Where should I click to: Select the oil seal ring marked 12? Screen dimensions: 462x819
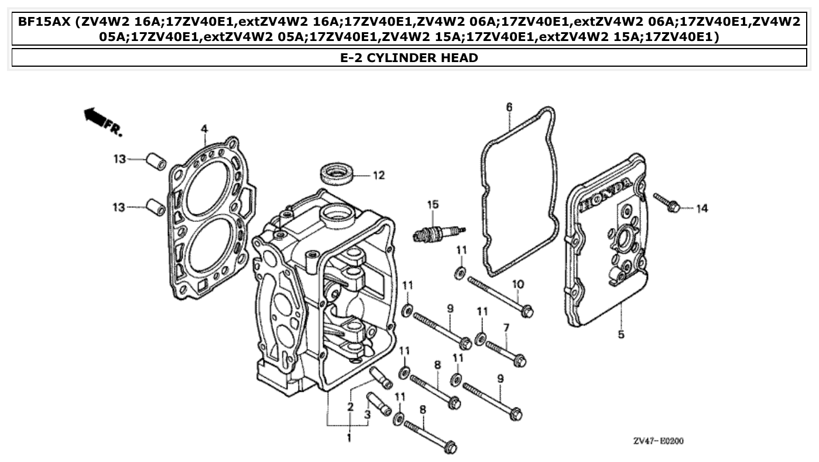pyautogui.click(x=338, y=174)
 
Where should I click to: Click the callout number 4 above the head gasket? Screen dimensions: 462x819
pyautogui.click(x=204, y=128)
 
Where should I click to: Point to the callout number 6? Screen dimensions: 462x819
pyautogui.click(x=509, y=107)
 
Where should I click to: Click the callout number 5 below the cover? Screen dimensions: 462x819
pyautogui.click(x=621, y=334)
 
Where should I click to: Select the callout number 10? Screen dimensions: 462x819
pyautogui.click(x=518, y=285)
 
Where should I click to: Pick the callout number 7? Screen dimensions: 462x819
pyautogui.click(x=506, y=327)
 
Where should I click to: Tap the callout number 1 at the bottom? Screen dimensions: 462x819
pyautogui.click(x=349, y=437)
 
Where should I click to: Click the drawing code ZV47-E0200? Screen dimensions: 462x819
pyautogui.click(x=658, y=441)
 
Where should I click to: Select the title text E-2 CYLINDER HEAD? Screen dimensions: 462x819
pyautogui.click(x=409, y=57)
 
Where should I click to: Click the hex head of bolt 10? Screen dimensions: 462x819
pyautogui.click(x=527, y=312)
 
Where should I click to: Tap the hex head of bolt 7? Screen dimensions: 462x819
pyautogui.click(x=519, y=361)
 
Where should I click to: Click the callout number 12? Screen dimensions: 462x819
pyautogui.click(x=379, y=175)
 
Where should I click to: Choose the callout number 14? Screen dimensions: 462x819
pyautogui.click(x=702, y=208)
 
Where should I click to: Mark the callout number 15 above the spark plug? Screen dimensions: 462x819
pyautogui.click(x=433, y=204)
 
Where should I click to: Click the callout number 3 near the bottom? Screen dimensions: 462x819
pyautogui.click(x=368, y=414)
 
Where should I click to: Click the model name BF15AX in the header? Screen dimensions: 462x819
pyautogui.click(x=44, y=22)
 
